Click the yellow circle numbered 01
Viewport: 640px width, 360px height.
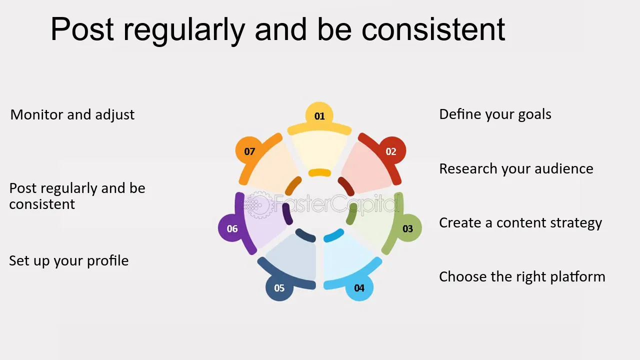click(x=319, y=115)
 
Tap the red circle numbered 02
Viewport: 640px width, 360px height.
click(x=391, y=151)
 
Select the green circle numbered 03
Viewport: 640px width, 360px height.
click(x=407, y=228)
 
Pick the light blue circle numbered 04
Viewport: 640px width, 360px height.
click(x=359, y=287)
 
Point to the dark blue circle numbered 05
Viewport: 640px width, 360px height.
click(x=279, y=287)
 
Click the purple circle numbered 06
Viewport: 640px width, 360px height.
click(x=232, y=228)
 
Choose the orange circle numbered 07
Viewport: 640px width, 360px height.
click(x=249, y=151)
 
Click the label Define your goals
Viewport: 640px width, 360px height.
click(x=495, y=114)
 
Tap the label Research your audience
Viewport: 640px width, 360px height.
click(x=516, y=169)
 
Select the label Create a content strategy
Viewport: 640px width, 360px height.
click(x=520, y=223)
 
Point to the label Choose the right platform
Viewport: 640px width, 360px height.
click(x=522, y=277)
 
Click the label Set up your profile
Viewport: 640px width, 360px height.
click(x=69, y=261)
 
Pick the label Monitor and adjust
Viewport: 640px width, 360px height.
click(x=72, y=115)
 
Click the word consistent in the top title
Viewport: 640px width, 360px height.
click(x=433, y=29)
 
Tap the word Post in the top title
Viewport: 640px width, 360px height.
click(x=82, y=29)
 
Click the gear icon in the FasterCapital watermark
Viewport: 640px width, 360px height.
click(x=258, y=204)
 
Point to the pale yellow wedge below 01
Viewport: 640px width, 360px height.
click(x=319, y=151)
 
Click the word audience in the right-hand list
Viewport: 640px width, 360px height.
click(x=564, y=168)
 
